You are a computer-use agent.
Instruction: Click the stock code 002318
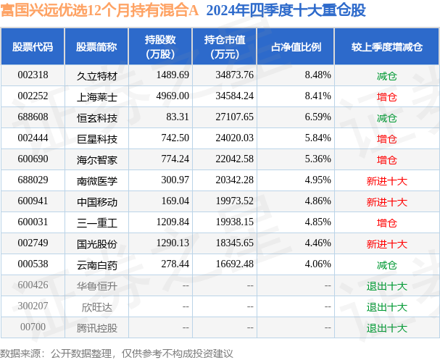pos(33,75)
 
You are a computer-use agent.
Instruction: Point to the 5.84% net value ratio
pos(318,138)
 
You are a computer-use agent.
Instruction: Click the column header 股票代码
pos(33,47)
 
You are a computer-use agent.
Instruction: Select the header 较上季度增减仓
pos(386,47)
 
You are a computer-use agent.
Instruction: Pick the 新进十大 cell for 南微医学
pos(386,180)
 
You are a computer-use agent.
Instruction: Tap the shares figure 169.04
pos(174,201)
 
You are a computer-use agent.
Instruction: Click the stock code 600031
pos(33,222)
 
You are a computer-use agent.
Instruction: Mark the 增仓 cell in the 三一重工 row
pos(386,222)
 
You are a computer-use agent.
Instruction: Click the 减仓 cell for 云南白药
pos(386,264)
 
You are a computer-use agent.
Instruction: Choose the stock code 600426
pos(33,285)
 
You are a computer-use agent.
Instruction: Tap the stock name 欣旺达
pos(91,306)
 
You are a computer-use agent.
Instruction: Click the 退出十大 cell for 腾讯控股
pos(386,327)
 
